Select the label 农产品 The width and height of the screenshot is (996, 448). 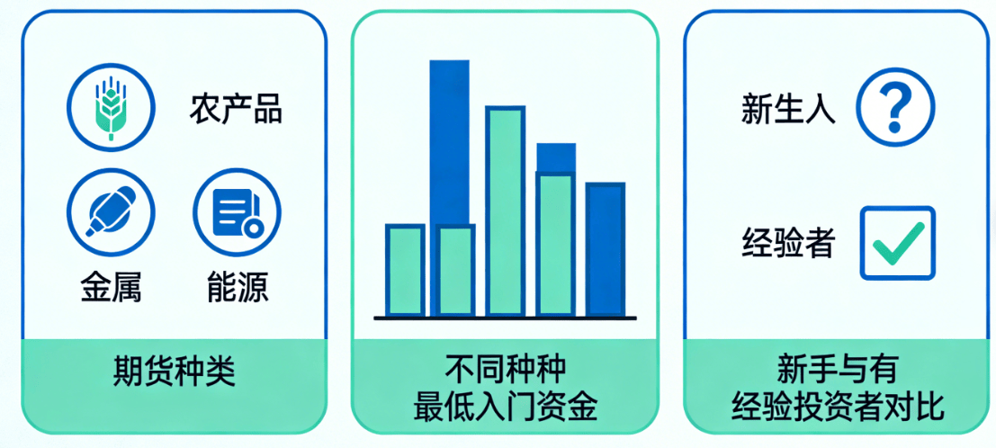[236, 109]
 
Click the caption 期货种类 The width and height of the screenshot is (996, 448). [174, 371]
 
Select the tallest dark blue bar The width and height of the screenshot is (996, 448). [449, 135]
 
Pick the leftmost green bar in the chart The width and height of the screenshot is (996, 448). [404, 270]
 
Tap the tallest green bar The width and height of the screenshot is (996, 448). [505, 211]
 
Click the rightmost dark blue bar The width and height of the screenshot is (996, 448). [605, 249]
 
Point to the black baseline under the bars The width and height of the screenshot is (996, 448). [505, 318]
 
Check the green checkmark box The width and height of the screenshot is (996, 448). [897, 242]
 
